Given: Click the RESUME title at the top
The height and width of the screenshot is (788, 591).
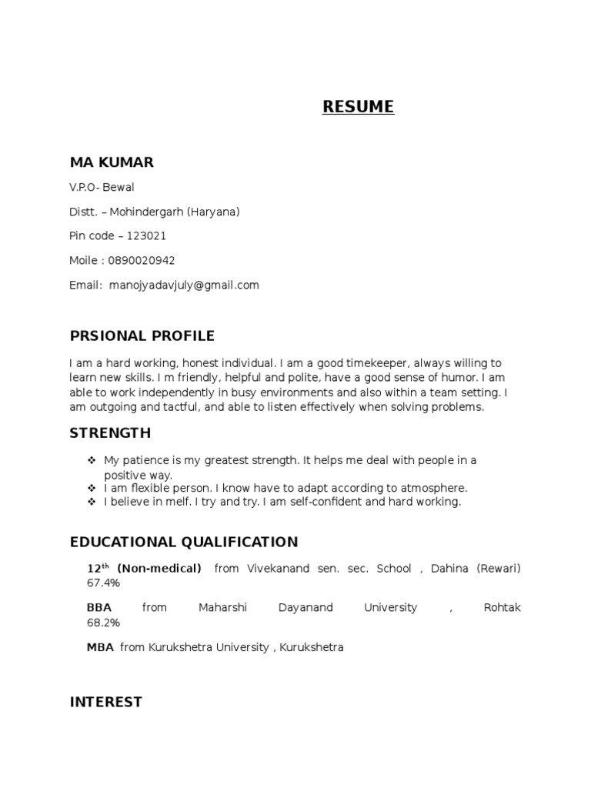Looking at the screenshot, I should coord(358,107).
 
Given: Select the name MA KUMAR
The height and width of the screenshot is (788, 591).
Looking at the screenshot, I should coord(112,162).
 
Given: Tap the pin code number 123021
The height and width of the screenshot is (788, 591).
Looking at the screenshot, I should coord(152,236).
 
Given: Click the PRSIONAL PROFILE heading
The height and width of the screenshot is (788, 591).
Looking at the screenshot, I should coord(142,336).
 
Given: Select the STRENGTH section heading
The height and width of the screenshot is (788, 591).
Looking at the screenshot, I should coord(110,433).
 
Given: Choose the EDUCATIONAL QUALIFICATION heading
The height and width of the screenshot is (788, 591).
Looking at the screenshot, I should coord(184,543).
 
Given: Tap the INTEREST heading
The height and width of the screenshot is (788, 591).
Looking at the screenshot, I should coord(106,702).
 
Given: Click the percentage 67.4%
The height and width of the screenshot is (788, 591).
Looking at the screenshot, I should coord(104,583).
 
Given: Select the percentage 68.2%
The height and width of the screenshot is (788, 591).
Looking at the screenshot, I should coord(104,623).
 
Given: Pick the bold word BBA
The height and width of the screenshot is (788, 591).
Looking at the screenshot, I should coord(99,608).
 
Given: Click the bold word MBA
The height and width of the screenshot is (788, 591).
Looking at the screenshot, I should coord(100,648).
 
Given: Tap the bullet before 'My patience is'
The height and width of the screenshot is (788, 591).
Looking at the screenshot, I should coord(92,460).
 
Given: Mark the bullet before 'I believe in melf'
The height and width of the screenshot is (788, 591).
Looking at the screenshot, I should coord(92,502).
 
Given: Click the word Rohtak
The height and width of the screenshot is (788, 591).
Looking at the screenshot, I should coord(502,608).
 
